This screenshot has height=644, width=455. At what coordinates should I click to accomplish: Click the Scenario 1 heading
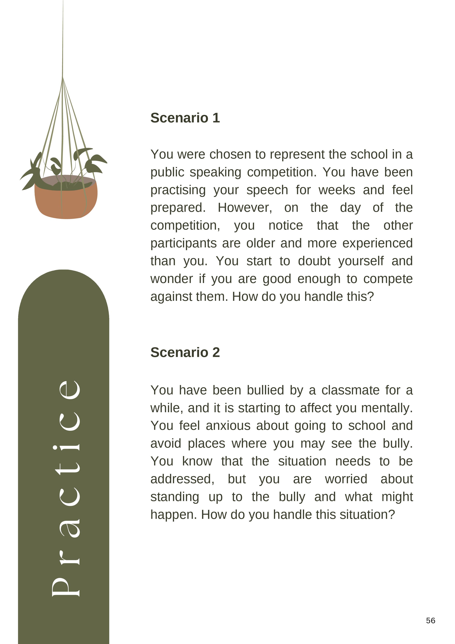[x=185, y=118]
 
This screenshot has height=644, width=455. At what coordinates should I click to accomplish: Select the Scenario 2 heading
[x=185, y=352]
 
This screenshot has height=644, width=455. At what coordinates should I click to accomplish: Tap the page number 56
[x=430, y=621]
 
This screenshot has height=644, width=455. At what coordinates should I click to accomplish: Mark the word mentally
[x=387, y=408]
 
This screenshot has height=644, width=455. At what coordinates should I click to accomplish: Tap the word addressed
[x=182, y=479]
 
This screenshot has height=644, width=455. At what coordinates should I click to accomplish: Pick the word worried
[x=346, y=479]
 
